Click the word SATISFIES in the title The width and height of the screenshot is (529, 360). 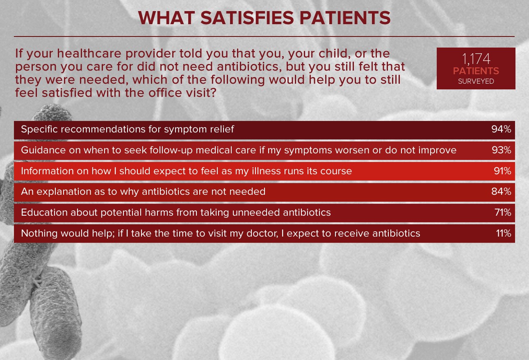click(247, 18)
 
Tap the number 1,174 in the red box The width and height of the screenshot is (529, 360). click(476, 59)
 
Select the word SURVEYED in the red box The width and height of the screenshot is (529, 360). click(476, 81)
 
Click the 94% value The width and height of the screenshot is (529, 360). click(501, 129)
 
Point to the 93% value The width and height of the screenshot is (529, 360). click(502, 150)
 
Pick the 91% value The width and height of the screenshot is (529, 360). click(502, 171)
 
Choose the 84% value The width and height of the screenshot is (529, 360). click(501, 191)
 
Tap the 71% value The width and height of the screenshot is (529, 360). click(503, 212)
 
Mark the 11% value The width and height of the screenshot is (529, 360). click(504, 233)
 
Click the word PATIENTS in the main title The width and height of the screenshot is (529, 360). click(345, 18)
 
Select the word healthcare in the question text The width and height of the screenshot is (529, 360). click(89, 53)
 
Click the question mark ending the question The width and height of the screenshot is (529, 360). click(213, 93)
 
